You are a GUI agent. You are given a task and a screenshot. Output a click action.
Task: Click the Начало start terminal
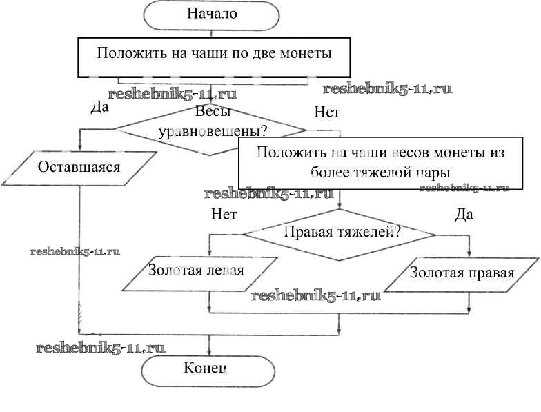tap(212, 13)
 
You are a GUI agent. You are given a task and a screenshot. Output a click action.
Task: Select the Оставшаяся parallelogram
tap(79, 168)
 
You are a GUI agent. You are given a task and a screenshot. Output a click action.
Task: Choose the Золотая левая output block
tap(197, 271)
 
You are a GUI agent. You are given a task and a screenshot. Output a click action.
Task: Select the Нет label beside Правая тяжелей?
tap(224, 214)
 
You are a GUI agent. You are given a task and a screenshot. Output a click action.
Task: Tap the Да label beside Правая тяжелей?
tap(464, 215)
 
